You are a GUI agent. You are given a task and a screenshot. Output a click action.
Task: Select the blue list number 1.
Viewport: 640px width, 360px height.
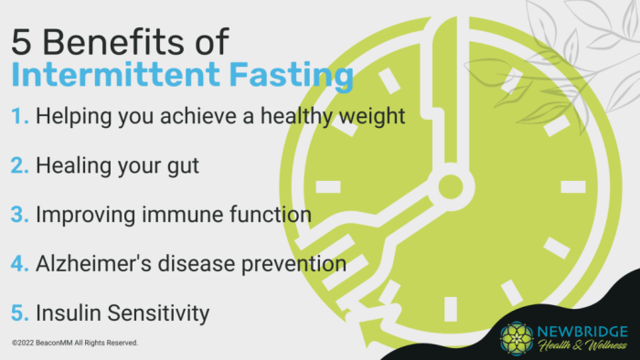coord(20,118)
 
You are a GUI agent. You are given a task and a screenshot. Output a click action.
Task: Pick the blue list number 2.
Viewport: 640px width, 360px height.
coord(21,167)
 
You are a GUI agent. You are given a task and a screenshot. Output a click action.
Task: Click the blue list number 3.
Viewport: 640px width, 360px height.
coord(21,216)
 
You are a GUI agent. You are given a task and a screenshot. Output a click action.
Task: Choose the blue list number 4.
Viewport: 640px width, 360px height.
coord(21,264)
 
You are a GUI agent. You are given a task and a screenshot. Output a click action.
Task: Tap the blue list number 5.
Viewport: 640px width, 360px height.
coord(21,313)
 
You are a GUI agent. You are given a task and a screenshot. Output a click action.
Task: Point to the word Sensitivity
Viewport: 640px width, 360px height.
coord(155,313)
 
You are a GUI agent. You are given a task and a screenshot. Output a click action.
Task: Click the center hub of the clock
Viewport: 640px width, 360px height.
coord(450,188)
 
